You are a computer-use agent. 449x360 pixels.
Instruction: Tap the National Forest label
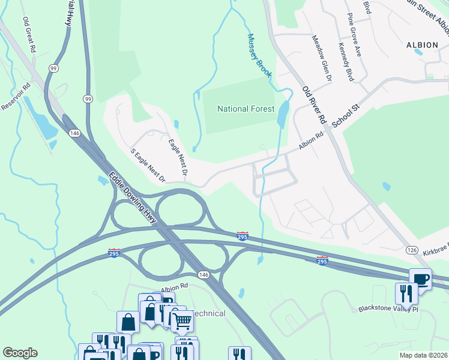tap(246, 109)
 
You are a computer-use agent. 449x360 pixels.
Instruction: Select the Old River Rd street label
tap(313, 105)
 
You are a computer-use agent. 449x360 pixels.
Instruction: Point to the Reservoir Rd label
tap(15, 97)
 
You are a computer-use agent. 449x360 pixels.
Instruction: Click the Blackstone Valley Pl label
tap(387, 309)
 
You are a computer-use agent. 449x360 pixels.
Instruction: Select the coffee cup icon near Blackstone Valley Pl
tap(420, 280)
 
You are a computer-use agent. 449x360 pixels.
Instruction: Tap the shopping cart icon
tap(182, 322)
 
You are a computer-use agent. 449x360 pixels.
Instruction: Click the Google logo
tap(20, 353)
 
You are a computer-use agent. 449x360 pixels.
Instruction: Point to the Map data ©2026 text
tap(423, 355)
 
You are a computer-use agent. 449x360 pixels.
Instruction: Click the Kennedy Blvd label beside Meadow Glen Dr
tap(345, 62)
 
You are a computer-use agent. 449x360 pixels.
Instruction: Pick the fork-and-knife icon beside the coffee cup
tap(406, 294)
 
